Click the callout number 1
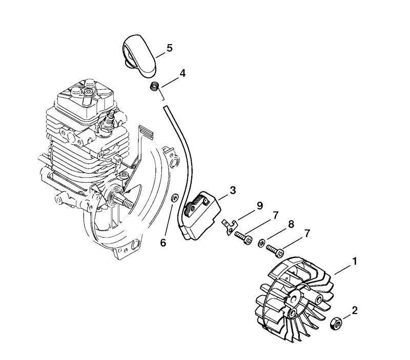pyautogui.click(x=355, y=262)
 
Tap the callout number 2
pyautogui.click(x=355, y=311)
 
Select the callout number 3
pyautogui.click(x=233, y=190)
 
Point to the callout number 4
pyautogui.click(x=182, y=73)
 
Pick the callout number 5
pyautogui.click(x=170, y=48)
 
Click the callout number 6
pyautogui.click(x=163, y=243)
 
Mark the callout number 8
pyautogui.click(x=291, y=224)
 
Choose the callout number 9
pyautogui.click(x=259, y=206)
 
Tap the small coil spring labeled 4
pyautogui.click(x=155, y=86)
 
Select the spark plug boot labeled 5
pyautogui.click(x=139, y=55)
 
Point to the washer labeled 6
pyautogui.click(x=174, y=198)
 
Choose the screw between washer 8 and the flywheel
pyautogui.click(x=275, y=251)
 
